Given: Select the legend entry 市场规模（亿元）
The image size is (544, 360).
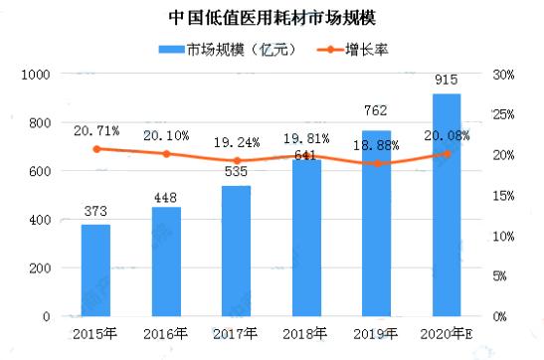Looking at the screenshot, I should [x=223, y=50].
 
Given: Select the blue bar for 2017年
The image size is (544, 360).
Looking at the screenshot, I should [x=236, y=251].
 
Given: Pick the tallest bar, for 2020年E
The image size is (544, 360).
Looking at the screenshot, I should [x=446, y=205].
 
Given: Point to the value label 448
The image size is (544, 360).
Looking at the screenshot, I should [x=166, y=198].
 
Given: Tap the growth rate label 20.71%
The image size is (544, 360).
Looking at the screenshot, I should [x=95, y=131].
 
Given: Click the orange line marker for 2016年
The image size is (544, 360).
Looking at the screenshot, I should [x=166, y=154].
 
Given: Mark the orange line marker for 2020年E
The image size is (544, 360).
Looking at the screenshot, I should [x=446, y=154].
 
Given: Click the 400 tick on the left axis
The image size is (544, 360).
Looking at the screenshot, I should [x=42, y=220].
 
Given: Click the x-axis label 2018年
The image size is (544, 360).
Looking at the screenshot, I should [x=306, y=336].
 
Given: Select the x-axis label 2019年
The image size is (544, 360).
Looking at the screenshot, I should [x=376, y=336].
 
